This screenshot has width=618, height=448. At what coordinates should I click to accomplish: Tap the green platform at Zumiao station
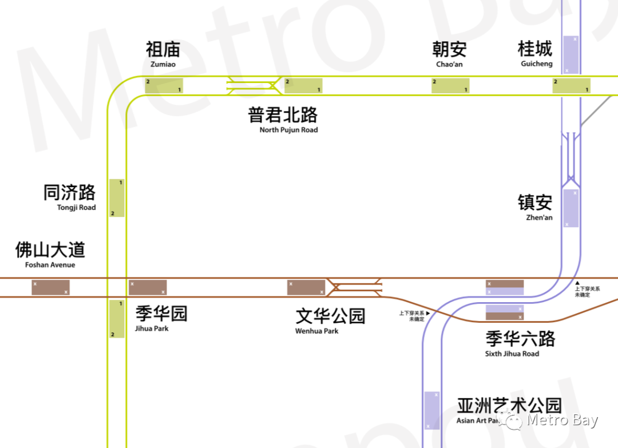click(164, 86)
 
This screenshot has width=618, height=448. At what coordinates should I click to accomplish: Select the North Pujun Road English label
click(288, 130)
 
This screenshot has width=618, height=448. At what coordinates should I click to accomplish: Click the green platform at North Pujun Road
click(303, 86)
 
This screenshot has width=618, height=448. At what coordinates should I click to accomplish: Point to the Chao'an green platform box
click(450, 86)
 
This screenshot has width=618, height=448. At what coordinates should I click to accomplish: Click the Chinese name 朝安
click(449, 50)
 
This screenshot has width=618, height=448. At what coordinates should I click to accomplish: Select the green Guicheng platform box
click(571, 86)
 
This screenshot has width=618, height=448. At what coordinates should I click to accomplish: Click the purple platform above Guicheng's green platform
click(571, 55)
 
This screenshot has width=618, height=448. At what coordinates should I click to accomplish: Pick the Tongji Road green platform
click(117, 198)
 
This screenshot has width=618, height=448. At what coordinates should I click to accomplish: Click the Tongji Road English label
click(76, 208)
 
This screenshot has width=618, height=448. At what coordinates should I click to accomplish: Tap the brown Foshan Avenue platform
click(50, 287)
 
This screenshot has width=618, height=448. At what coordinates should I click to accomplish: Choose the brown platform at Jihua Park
click(148, 287)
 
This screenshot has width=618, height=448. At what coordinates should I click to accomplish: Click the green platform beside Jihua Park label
click(117, 319)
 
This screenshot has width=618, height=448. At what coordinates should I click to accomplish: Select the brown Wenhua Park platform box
click(306, 287)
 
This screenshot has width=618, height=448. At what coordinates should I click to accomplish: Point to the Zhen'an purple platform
click(571, 208)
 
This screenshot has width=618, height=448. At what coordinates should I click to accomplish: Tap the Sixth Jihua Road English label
click(512, 354)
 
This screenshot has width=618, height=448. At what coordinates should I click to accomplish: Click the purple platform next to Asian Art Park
click(432, 410)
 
